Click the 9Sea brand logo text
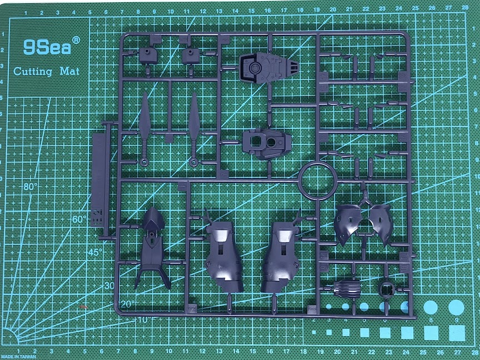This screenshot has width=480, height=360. point(47,48)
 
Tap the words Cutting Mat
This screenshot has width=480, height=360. point(47,71)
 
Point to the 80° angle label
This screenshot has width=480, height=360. point(30,187)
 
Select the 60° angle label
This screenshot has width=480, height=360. point(79,219)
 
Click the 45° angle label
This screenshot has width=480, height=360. point(95,252)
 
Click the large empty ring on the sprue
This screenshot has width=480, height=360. point(319,182)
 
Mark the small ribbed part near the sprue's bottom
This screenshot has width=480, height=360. point(347,289)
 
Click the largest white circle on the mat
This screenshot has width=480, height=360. point(456,307)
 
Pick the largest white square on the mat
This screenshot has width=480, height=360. point(457,333)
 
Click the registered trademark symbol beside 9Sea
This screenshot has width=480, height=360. point(76,40)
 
